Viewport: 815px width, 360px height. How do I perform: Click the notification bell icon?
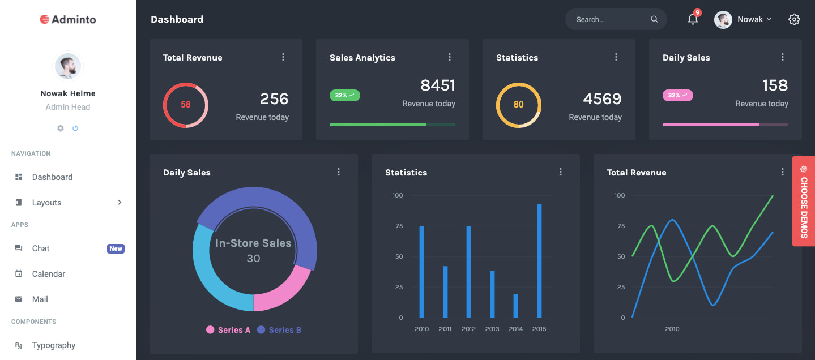pyautogui.click(x=692, y=19)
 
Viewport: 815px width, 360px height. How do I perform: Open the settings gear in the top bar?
pyautogui.click(x=794, y=19)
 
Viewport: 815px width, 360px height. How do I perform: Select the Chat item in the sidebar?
pyautogui.click(x=41, y=248)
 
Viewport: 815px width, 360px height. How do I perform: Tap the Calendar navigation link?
pyautogui.click(x=49, y=274)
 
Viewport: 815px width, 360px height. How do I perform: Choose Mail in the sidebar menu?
pyautogui.click(x=40, y=299)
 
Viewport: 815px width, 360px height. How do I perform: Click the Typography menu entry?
pyautogui.click(x=53, y=345)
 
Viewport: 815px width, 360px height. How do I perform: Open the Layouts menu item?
pyautogui.click(x=46, y=203)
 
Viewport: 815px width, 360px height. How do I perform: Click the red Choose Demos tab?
pyautogui.click(x=803, y=201)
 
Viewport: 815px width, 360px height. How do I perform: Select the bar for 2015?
pyautogui.click(x=539, y=260)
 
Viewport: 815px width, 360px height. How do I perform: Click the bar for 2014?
pyautogui.click(x=515, y=306)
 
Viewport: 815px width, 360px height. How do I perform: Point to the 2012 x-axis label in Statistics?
pyautogui.click(x=468, y=329)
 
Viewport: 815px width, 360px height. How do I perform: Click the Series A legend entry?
pyautogui.click(x=228, y=330)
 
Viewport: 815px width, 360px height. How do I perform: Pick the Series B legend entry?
pyautogui.click(x=279, y=330)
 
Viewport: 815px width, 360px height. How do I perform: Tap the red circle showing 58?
pyautogui.click(x=186, y=105)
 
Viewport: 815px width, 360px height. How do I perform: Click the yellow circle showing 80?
pyautogui.click(x=519, y=105)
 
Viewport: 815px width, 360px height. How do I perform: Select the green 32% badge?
pyautogui.click(x=344, y=95)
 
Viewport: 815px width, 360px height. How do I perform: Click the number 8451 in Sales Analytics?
pyautogui.click(x=437, y=85)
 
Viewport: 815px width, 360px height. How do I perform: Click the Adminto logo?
pyautogui.click(x=68, y=19)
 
